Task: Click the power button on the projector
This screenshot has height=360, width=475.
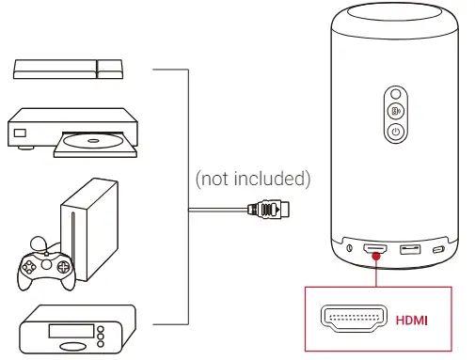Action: (x=396, y=132)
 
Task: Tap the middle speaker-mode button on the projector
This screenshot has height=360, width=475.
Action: (x=396, y=113)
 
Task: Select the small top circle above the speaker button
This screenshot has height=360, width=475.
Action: (x=396, y=95)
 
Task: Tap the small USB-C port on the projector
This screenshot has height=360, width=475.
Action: (x=438, y=249)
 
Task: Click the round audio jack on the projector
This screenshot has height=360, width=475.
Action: (x=350, y=249)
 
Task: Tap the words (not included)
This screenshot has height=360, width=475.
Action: (x=251, y=177)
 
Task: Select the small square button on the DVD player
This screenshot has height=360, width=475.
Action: (x=20, y=131)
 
